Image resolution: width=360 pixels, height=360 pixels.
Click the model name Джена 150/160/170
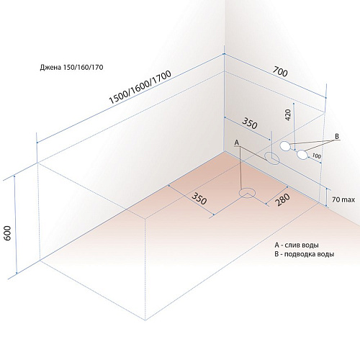(71, 67)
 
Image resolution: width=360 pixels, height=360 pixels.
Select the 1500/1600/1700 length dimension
(140, 87)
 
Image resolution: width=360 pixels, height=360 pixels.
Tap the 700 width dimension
(280, 72)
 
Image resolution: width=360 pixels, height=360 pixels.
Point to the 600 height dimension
(8, 233)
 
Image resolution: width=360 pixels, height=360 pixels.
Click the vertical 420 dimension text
(288, 114)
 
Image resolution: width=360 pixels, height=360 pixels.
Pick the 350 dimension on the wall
(250, 123)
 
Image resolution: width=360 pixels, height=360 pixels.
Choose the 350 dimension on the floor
(199, 199)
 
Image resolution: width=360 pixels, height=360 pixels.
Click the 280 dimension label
(283, 199)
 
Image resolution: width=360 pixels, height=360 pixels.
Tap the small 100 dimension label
(317, 156)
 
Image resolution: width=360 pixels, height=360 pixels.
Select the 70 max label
(343, 199)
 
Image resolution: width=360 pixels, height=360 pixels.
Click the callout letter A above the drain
(237, 143)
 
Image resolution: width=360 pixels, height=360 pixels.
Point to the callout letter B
(337, 136)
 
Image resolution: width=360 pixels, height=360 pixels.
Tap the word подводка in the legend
(300, 254)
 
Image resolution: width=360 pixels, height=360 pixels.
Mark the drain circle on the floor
(247, 193)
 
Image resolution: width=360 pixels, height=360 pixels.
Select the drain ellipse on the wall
(272, 158)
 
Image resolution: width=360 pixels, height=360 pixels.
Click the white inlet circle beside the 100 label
(302, 155)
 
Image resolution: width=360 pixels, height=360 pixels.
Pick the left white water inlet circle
(285, 146)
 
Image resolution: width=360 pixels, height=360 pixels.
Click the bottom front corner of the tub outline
(145, 320)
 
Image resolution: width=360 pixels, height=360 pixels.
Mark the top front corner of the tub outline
(145, 219)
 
